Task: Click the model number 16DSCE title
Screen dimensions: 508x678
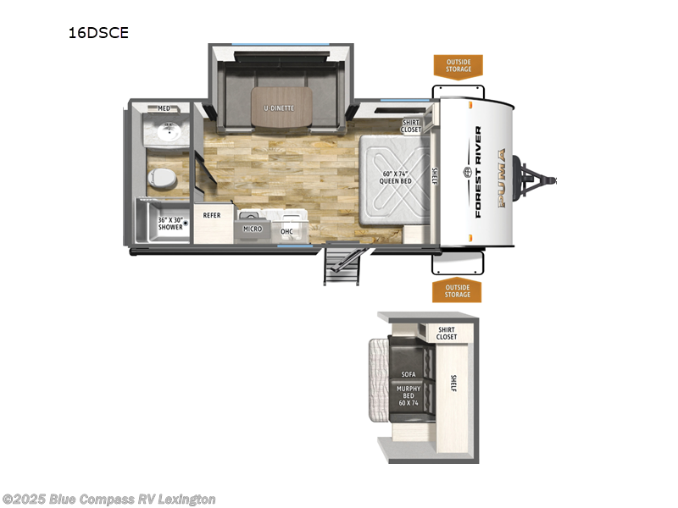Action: point(100,34)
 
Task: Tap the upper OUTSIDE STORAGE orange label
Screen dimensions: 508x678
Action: point(458,64)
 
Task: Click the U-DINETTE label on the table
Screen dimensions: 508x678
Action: point(281,108)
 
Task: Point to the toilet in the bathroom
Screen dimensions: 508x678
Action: point(160,178)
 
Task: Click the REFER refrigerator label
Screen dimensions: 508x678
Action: point(211,215)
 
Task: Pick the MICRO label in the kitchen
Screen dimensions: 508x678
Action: point(253,229)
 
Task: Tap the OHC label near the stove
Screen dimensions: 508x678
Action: point(286,230)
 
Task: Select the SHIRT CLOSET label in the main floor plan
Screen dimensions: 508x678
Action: point(411,125)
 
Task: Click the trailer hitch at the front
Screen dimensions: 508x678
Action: point(542,179)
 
